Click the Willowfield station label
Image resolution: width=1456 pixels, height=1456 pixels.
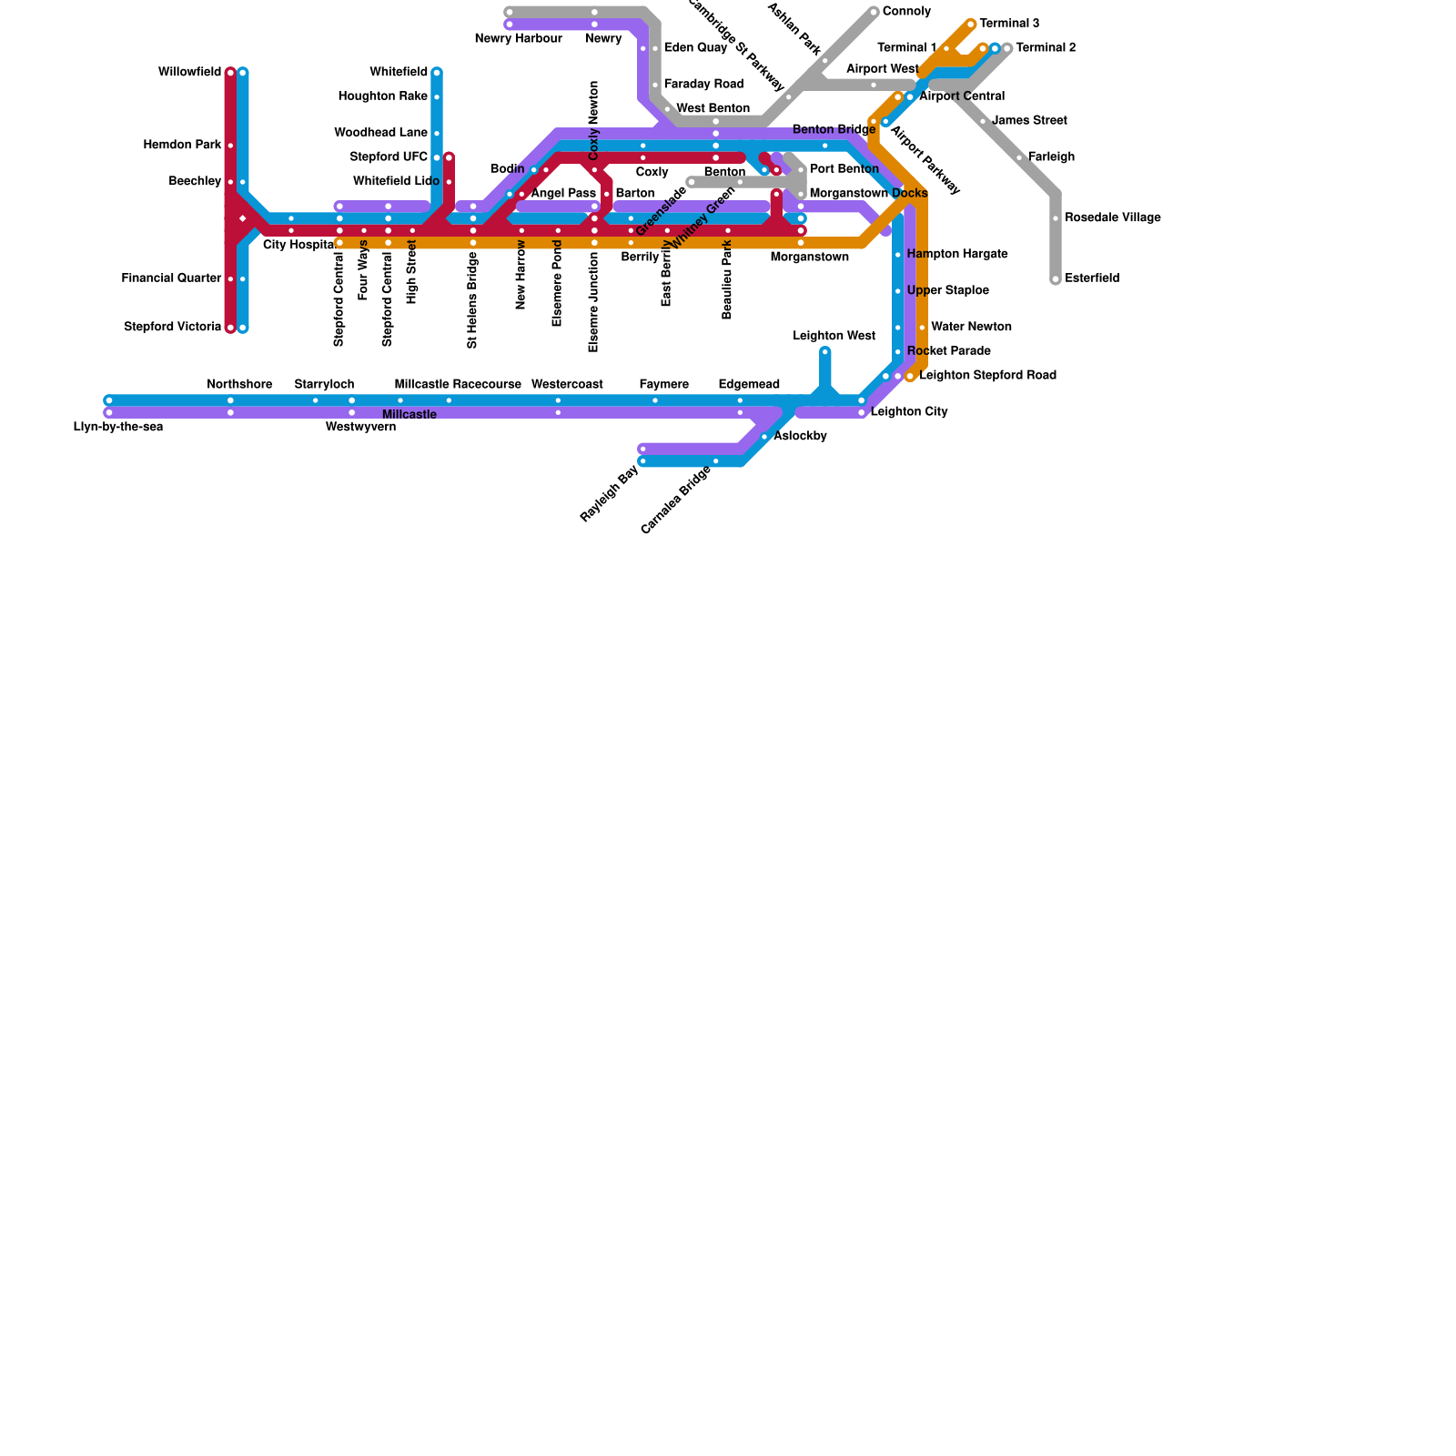pyautogui.click(x=189, y=73)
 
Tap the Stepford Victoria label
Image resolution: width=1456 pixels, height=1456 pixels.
pyautogui.click(x=172, y=328)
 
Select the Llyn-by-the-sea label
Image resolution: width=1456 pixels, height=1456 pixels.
pyautogui.click(x=118, y=428)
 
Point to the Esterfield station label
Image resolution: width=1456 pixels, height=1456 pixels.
pyautogui.click(x=1092, y=278)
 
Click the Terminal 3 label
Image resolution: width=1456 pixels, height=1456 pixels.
pyautogui.click(x=1009, y=24)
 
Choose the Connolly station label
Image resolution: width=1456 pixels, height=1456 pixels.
pyautogui.click(x=906, y=12)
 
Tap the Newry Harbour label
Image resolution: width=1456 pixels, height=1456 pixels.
pyautogui.click(x=519, y=39)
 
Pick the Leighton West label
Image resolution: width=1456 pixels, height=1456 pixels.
pyautogui.click(x=834, y=336)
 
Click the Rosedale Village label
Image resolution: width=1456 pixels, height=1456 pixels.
pyautogui.click(x=1112, y=218)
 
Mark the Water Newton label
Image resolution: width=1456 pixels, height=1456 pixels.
pyautogui.click(x=971, y=327)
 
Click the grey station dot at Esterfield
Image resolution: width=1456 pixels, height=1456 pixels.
pyautogui.click(x=1056, y=279)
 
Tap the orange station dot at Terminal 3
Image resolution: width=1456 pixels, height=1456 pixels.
pyautogui.click(x=971, y=25)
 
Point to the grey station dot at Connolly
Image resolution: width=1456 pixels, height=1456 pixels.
pyautogui.click(x=874, y=12)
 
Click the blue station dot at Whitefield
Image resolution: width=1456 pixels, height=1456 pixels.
pyautogui.click(x=437, y=73)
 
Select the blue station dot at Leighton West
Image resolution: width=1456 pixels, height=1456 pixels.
pyautogui.click(x=825, y=352)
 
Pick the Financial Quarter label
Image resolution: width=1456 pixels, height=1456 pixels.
pyautogui.click(x=171, y=278)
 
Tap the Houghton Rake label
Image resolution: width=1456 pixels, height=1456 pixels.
pyautogui.click(x=382, y=96)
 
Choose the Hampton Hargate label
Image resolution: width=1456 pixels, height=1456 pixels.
pyautogui.click(x=956, y=254)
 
